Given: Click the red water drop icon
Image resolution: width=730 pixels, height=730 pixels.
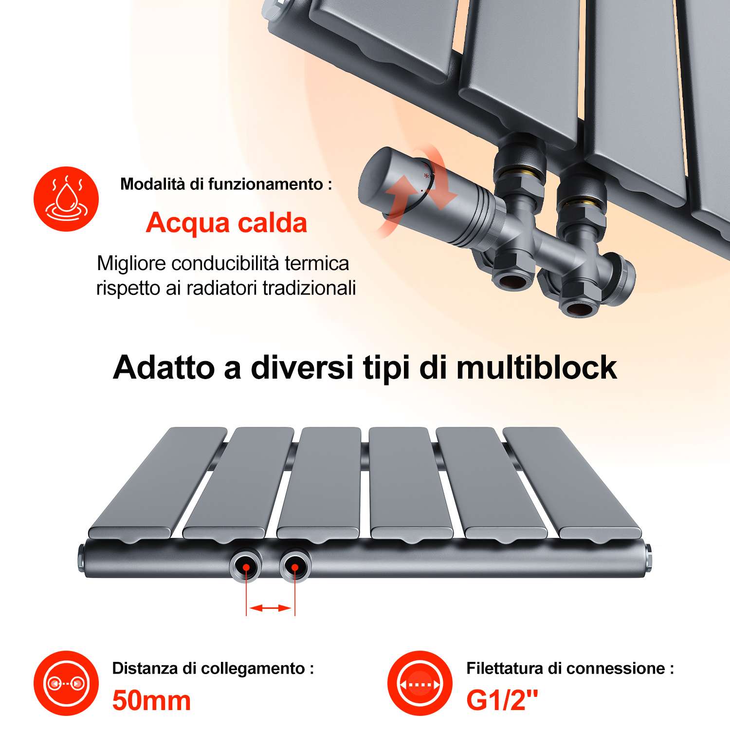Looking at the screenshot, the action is point(66,199).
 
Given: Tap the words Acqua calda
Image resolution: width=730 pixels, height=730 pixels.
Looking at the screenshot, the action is point(226,223).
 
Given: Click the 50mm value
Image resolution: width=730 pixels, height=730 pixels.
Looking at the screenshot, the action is point(151,701).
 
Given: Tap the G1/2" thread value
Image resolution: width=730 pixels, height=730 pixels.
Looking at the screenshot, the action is point(502,700).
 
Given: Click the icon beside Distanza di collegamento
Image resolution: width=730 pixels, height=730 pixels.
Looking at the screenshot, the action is point(66,683).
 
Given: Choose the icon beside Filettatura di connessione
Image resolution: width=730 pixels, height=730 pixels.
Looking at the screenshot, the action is point(420,683).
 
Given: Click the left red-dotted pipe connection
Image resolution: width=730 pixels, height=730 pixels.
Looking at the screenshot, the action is point(246,566).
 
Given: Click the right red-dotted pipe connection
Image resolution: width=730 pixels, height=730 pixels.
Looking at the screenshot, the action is point(295,566).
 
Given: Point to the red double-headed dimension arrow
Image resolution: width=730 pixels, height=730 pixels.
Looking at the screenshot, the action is point(270,608).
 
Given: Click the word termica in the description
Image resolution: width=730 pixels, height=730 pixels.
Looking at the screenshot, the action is point(317,263).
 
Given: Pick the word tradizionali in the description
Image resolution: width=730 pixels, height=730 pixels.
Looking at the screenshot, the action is point(309,288).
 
